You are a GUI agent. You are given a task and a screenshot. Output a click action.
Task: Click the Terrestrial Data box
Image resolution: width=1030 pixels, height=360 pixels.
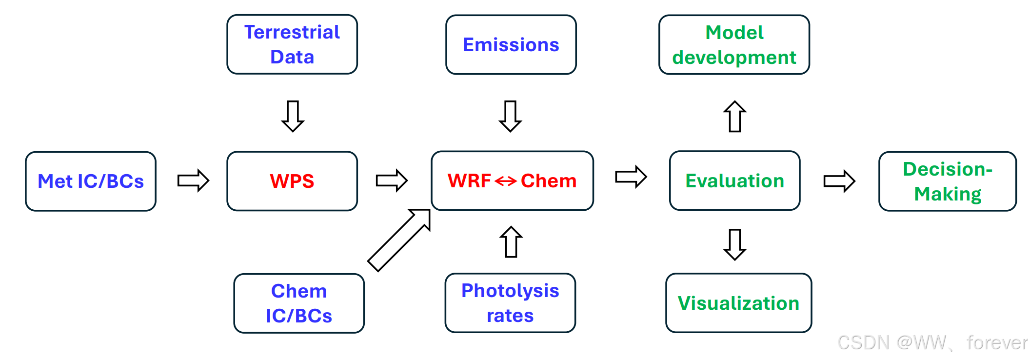coord(292,44)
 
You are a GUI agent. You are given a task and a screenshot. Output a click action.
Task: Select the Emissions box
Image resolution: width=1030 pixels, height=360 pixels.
coord(511,44)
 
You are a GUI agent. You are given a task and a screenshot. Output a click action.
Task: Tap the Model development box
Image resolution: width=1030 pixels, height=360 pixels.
coord(734,44)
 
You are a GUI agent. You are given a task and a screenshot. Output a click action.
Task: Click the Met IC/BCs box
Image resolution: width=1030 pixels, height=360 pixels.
coord(91,181)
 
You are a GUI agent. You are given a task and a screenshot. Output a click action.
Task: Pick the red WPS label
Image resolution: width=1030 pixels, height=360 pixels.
coord(292,181)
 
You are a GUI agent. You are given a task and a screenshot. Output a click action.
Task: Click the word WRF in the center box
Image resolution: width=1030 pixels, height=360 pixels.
coord(469,181)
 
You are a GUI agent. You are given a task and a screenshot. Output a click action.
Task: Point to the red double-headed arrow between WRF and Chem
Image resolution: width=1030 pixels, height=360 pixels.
coord(506,181)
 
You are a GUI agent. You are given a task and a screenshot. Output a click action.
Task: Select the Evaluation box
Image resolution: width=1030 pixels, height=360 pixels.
coord(734,180)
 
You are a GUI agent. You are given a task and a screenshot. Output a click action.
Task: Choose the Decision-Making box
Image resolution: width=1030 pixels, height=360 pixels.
coord(947,181)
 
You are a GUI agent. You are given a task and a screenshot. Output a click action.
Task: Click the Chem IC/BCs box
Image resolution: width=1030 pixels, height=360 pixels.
coord(299,303)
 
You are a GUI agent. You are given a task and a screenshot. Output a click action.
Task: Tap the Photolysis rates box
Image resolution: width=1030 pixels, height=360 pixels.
coord(510,303)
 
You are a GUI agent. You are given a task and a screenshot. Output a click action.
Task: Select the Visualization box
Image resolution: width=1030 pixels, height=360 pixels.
coord(738,303)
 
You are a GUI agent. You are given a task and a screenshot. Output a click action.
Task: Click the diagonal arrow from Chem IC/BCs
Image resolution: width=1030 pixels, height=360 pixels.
coord(399,240)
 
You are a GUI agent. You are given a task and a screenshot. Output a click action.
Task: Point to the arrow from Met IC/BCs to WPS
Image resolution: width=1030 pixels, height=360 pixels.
coord(193,180)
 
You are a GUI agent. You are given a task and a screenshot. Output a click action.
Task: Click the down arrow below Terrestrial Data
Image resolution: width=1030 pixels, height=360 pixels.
coord(293,116)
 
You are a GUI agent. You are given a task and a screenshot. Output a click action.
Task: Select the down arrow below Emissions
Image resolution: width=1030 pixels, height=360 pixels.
coord(511,116)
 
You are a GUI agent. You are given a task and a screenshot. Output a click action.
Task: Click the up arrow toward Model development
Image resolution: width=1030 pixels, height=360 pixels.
coord(735,116)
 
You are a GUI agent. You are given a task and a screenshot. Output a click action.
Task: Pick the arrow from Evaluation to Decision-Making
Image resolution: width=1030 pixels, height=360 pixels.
coord(839,181)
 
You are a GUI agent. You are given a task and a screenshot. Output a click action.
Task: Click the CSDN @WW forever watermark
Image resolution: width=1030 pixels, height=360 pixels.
coord(932,342)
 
